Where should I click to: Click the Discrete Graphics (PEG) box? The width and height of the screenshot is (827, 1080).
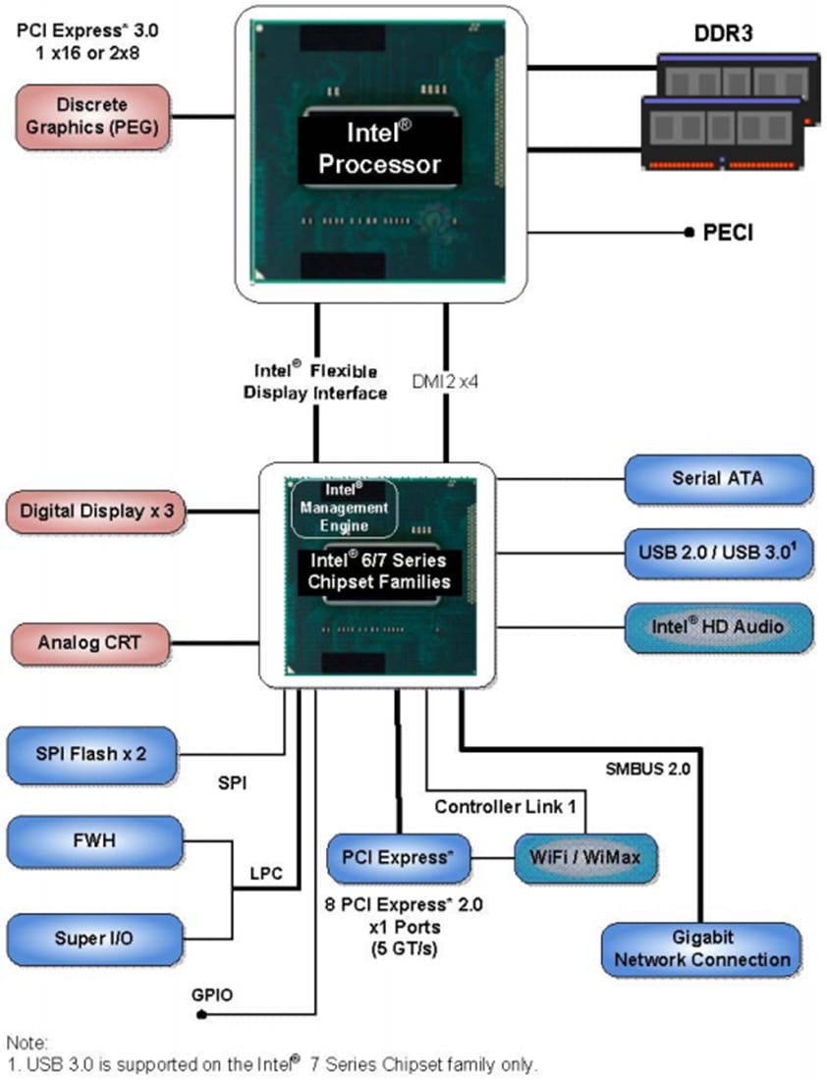coord(91,117)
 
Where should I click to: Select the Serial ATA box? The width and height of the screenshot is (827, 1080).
coord(718,479)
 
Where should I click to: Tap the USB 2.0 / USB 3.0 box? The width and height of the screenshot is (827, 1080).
coord(718,554)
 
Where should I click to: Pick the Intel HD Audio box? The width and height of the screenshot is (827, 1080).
coord(718,626)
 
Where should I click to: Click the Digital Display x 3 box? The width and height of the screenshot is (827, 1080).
coord(96,512)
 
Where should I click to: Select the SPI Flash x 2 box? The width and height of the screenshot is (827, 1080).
coord(92,755)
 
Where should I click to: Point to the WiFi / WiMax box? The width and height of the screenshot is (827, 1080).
coord(586,857)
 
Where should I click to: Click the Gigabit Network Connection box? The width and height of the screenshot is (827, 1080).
coord(702,948)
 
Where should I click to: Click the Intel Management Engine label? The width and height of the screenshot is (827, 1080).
coord(345,508)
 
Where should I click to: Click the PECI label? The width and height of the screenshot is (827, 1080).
coord(728,233)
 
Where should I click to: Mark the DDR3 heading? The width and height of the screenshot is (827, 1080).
coord(724,35)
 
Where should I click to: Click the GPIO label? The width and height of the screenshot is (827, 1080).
coord(212,995)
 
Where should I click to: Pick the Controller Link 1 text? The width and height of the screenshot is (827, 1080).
coord(504,806)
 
